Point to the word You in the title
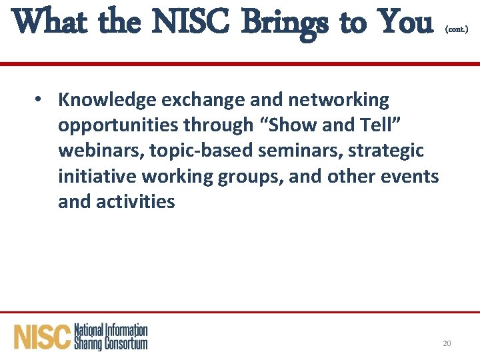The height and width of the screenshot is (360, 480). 403,23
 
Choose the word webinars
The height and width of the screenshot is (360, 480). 100,151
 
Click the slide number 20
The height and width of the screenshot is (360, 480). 447,343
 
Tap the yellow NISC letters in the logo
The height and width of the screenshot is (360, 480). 42,337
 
